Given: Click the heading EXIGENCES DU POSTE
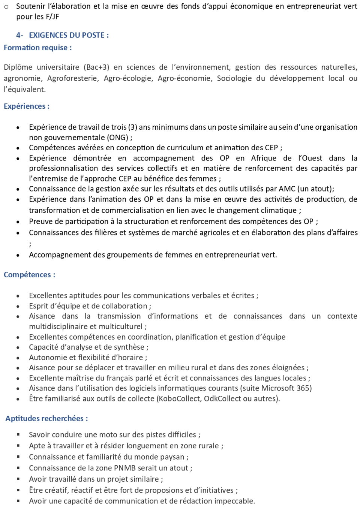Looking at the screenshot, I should coord(69,35).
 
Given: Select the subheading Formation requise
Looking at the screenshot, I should coord(37,48).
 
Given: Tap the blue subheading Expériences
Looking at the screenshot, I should coord(26,106).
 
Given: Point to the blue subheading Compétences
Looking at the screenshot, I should coord(29,275).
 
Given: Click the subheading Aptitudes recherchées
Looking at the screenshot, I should coord(46,418).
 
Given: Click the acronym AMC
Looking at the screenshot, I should coord(287,189).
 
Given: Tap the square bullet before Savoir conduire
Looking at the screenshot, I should coord(18,434).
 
